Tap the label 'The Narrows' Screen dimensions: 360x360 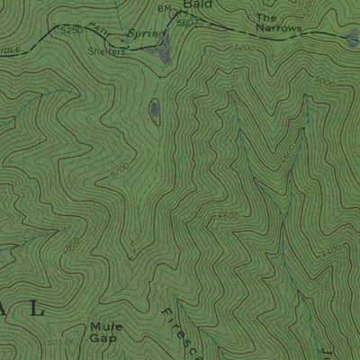coord(277,23)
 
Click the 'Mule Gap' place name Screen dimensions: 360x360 coord(104,332)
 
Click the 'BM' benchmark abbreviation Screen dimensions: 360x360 coord(163,9)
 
